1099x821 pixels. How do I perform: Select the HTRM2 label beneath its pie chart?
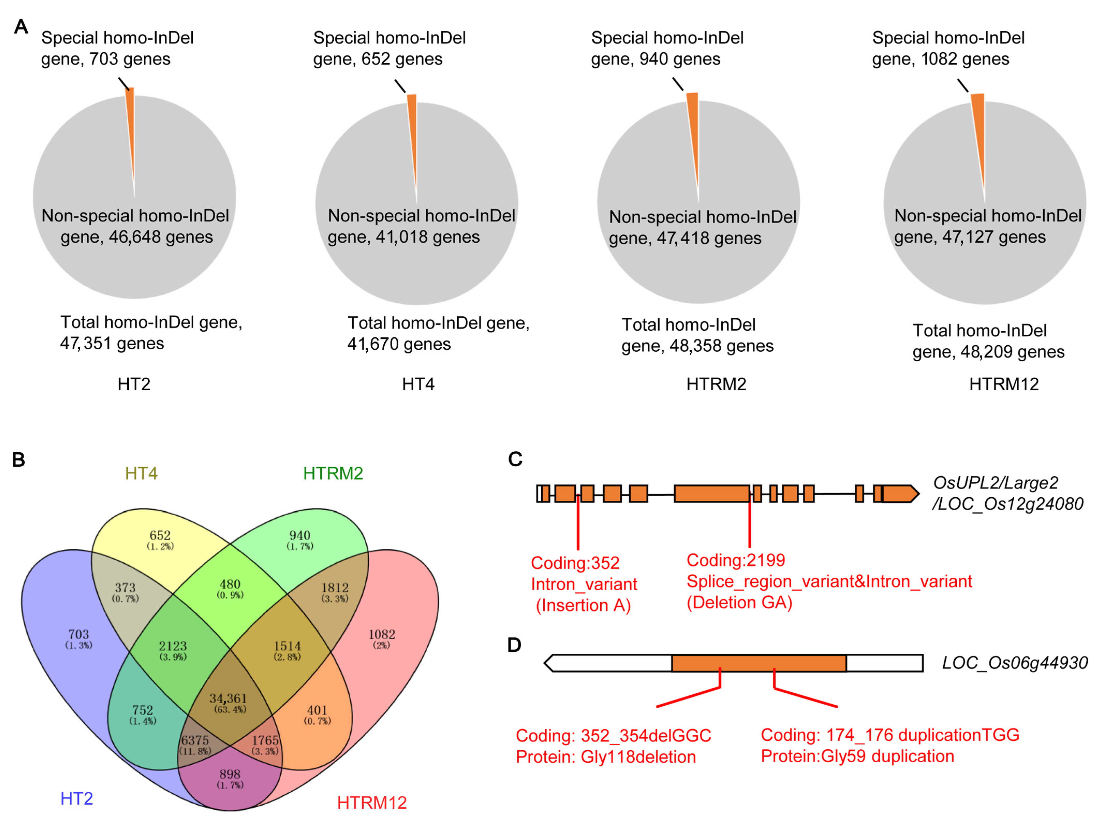(716, 384)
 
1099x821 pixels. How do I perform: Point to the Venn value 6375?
(195, 740)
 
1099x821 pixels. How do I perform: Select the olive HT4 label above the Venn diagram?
(141, 473)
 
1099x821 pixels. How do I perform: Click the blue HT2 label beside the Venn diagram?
(77, 799)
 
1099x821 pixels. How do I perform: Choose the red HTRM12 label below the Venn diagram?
(372, 803)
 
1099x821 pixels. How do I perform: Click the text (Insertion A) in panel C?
(583, 605)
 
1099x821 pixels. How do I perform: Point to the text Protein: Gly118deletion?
(606, 757)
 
